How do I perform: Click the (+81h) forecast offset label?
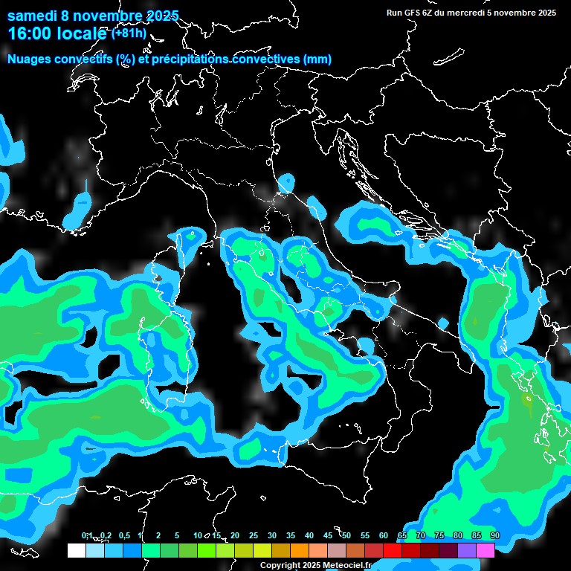click(129, 33)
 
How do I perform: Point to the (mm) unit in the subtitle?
click(317, 59)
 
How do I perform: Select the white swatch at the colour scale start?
click(76, 551)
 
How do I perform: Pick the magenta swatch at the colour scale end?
click(485, 551)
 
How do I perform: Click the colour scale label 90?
click(494, 536)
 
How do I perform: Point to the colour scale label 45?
click(328, 536)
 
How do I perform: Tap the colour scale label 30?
click(272, 536)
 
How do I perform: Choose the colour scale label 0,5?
click(123, 536)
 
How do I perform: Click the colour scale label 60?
click(384, 536)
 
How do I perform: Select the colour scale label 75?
click(439, 536)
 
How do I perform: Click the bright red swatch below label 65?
click(393, 551)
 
